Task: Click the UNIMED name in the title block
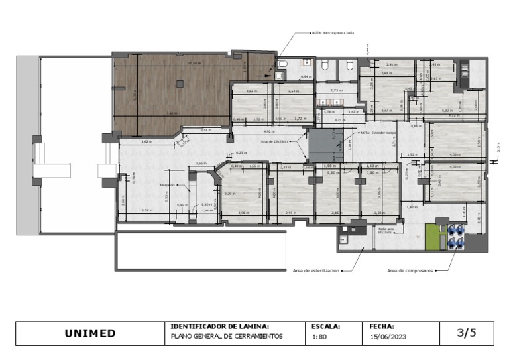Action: point(89,334)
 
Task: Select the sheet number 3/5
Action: point(467,333)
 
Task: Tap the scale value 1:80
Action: point(319,337)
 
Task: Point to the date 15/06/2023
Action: point(388,337)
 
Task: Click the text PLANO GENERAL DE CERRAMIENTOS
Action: point(226,337)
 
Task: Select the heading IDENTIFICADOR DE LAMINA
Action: point(219,326)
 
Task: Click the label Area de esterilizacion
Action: point(315,270)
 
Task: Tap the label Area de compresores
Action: point(410,270)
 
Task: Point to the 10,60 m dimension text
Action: point(194,63)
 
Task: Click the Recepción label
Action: point(168,185)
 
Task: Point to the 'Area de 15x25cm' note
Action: point(274,142)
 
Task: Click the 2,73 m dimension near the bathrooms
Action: point(335,90)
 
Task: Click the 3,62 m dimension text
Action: point(146,141)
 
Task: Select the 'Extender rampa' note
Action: point(377,133)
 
